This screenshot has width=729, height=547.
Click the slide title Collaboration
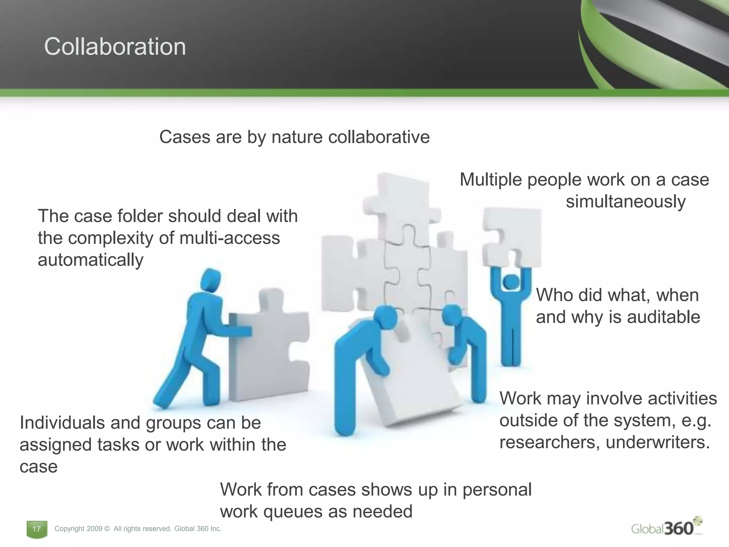(115, 47)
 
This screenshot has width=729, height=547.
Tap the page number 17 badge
(37, 529)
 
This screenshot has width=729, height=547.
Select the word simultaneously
(625, 202)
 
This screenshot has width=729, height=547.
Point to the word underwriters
(657, 442)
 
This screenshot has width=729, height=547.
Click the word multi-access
(230, 238)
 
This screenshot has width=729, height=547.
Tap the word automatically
(90, 260)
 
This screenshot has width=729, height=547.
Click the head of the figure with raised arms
(512, 282)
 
